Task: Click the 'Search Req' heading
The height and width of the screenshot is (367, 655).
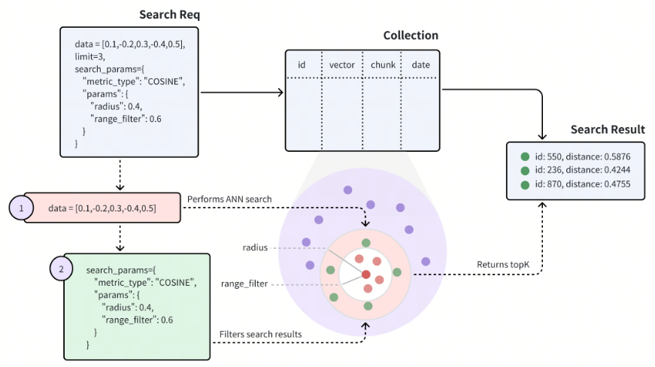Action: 170,14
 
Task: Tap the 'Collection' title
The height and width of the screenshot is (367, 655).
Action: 411,35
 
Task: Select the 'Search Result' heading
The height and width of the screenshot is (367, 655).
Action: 608,129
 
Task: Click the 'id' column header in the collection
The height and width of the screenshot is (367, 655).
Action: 302,65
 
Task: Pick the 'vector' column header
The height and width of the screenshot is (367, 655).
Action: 341,65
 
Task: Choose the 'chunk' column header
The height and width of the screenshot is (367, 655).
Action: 383,65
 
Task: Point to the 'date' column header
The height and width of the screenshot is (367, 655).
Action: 420,65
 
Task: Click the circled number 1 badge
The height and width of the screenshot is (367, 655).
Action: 21,208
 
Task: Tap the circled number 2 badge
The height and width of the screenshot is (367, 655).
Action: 62,268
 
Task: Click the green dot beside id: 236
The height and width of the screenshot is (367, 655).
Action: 525,171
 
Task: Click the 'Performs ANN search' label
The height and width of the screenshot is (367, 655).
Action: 229,199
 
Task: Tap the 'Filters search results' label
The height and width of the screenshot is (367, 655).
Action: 261,334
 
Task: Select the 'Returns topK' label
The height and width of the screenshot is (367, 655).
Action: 503,264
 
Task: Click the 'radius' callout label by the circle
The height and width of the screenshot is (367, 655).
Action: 255,247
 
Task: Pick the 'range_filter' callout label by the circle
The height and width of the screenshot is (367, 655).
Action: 244,284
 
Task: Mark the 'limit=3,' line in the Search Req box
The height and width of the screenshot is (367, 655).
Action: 89,56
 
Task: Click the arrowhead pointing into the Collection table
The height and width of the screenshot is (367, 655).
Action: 281,93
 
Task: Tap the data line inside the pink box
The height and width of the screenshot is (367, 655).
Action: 102,208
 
